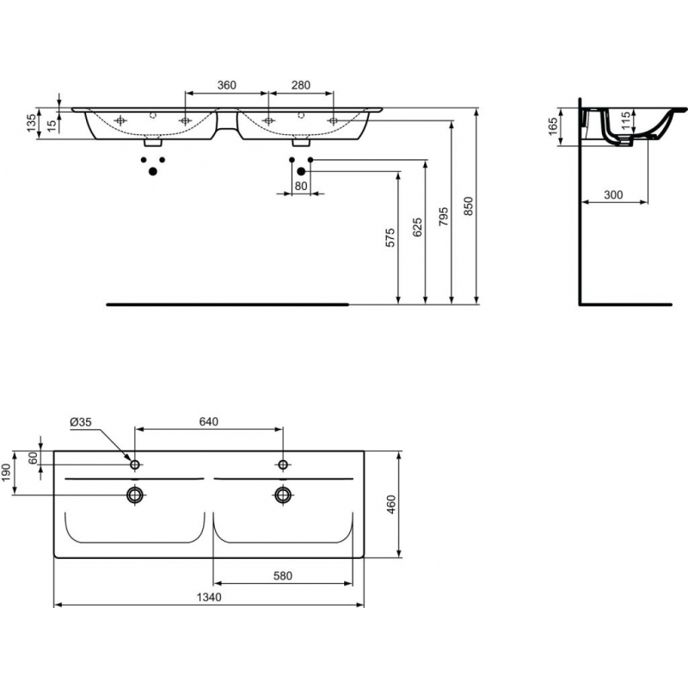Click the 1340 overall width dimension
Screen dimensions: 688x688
tap(209, 597)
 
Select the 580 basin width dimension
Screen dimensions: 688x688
tap(283, 575)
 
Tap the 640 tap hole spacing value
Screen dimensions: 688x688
tap(208, 421)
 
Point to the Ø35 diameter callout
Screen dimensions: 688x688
tap(81, 422)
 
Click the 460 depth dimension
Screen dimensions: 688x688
tap(391, 505)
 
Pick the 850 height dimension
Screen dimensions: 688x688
tap(469, 206)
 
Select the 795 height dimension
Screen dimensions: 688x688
tap(444, 217)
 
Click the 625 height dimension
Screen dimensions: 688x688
tap(417, 227)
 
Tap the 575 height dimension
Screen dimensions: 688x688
tap(390, 237)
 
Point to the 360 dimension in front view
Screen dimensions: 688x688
tap(227, 84)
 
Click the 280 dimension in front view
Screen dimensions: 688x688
tap(300, 84)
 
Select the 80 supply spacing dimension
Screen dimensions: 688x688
tap(301, 186)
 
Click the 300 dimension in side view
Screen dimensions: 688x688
tap(613, 194)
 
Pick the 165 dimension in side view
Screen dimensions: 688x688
tap(553, 126)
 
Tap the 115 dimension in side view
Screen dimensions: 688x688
tap(626, 120)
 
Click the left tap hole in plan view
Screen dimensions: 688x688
tap(135, 464)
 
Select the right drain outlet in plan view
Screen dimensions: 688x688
tap(284, 495)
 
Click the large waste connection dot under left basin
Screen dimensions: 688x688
tap(153, 171)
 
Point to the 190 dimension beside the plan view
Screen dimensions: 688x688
tap(6, 472)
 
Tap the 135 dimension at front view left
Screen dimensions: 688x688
tap(31, 123)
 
